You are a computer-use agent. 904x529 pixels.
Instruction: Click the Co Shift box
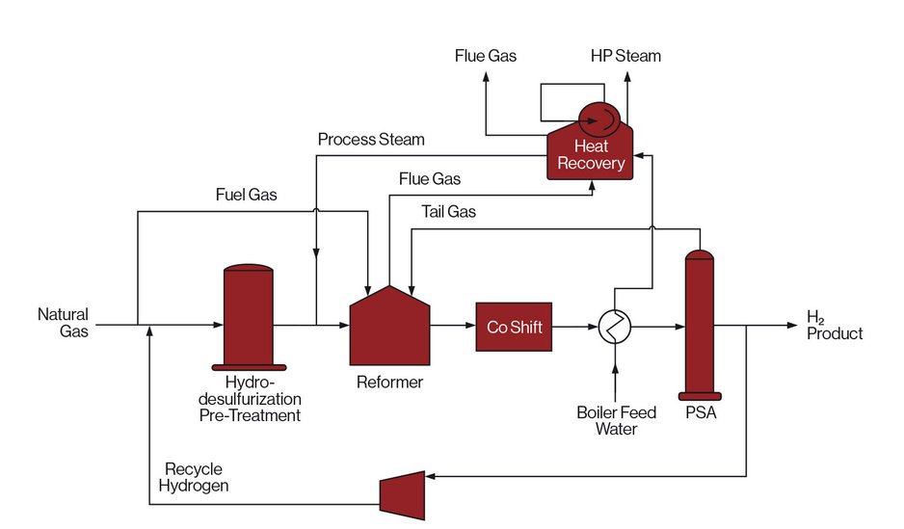click(x=515, y=328)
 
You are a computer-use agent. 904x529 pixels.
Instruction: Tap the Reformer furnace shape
click(x=389, y=328)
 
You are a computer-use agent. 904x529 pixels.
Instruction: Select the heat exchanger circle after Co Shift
click(x=614, y=328)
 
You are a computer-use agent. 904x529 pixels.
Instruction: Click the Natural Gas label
click(x=64, y=323)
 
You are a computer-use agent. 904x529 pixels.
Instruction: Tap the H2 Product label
click(x=835, y=326)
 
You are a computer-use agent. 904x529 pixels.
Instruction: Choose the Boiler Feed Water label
click(x=616, y=421)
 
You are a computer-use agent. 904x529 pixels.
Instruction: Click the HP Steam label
click(x=626, y=56)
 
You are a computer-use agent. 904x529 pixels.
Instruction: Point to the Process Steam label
click(x=371, y=140)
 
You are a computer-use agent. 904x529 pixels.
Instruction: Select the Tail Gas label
click(x=448, y=211)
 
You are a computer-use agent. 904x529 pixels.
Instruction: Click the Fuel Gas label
click(x=246, y=195)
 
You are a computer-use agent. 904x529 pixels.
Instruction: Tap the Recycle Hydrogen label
click(x=197, y=478)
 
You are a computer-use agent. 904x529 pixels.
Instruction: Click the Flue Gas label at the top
click(x=486, y=56)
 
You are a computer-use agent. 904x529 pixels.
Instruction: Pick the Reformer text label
click(x=390, y=383)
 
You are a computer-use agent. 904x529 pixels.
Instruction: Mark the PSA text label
click(x=701, y=415)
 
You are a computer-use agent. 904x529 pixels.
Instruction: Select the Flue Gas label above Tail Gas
click(x=430, y=178)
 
